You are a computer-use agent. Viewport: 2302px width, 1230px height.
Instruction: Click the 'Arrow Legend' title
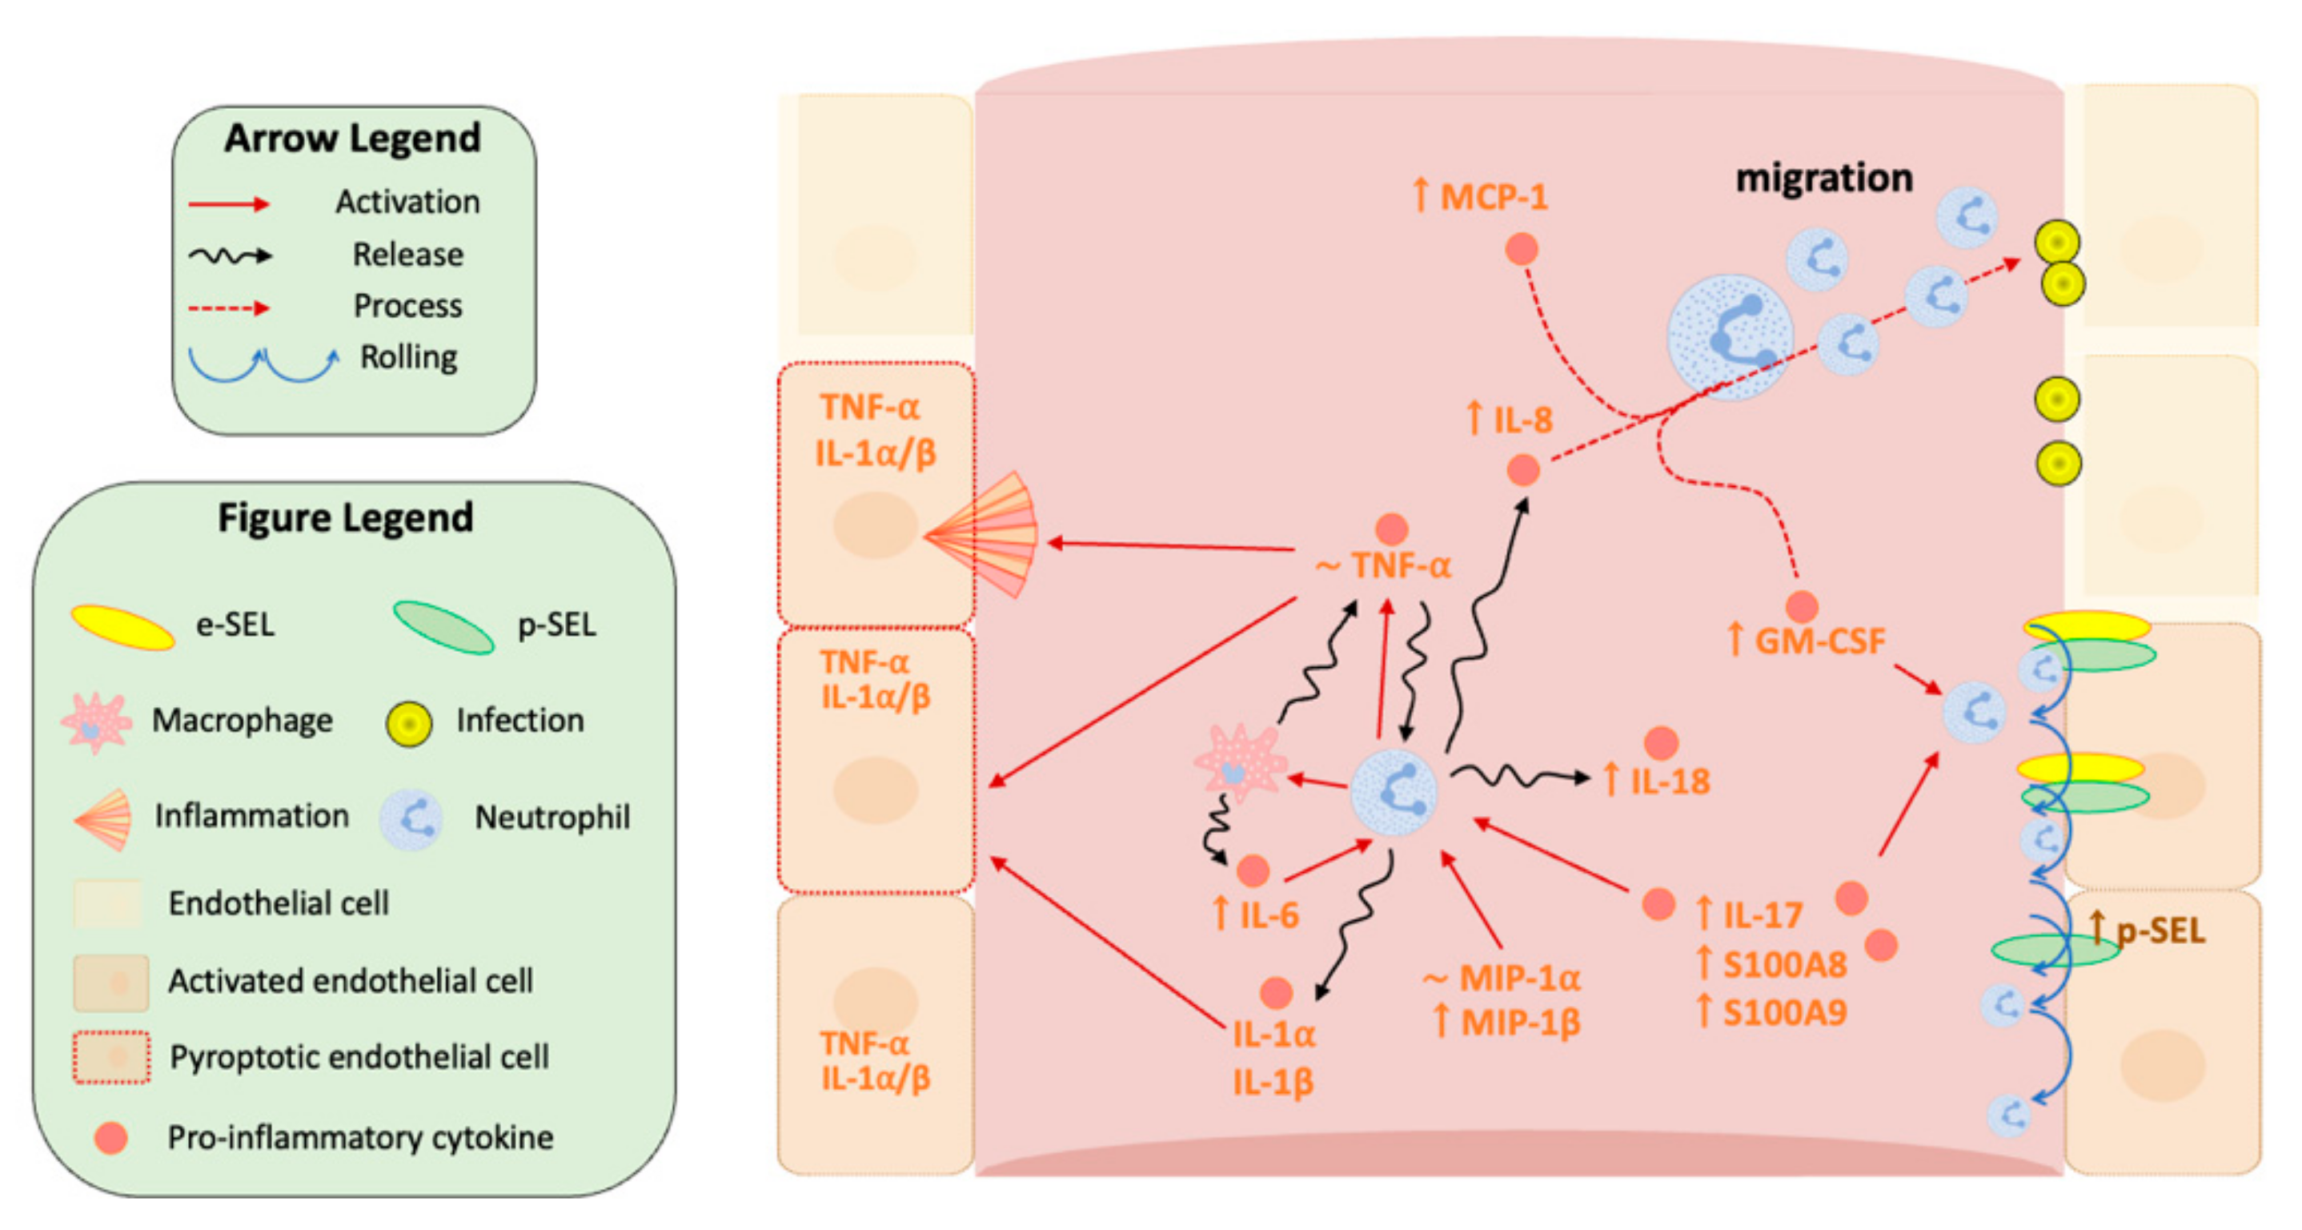pyautogui.click(x=352, y=139)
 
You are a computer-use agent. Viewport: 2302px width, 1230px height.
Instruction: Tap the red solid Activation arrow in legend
pyautogui.click(x=229, y=204)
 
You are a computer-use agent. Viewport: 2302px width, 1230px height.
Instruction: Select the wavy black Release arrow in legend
pyautogui.click(x=230, y=256)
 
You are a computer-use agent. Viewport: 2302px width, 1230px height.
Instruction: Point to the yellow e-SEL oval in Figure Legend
pyautogui.click(x=122, y=628)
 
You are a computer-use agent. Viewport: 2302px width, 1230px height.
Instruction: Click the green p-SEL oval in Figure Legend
pyautogui.click(x=443, y=628)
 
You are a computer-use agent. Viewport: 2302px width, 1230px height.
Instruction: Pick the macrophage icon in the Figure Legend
pyautogui.click(x=95, y=723)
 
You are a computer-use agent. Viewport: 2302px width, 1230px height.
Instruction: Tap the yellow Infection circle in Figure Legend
pyautogui.click(x=408, y=724)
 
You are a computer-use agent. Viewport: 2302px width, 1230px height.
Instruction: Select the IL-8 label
pyautogui.click(x=1521, y=420)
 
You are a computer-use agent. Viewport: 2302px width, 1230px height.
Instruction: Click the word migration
pyautogui.click(x=1823, y=178)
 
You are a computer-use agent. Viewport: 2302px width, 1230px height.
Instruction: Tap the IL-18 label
pyautogui.click(x=1667, y=782)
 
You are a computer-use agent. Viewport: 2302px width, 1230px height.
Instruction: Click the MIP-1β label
pyautogui.click(x=1519, y=1022)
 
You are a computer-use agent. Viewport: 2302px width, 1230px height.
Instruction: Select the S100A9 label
pyautogui.click(x=1783, y=1013)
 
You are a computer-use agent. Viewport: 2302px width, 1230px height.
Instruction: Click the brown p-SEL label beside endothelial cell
pyautogui.click(x=2159, y=931)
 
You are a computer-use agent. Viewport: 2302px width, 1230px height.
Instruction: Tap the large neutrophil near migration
pyautogui.click(x=1730, y=337)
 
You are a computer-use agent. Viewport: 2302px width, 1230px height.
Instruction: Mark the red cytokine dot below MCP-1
pyautogui.click(x=1521, y=248)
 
